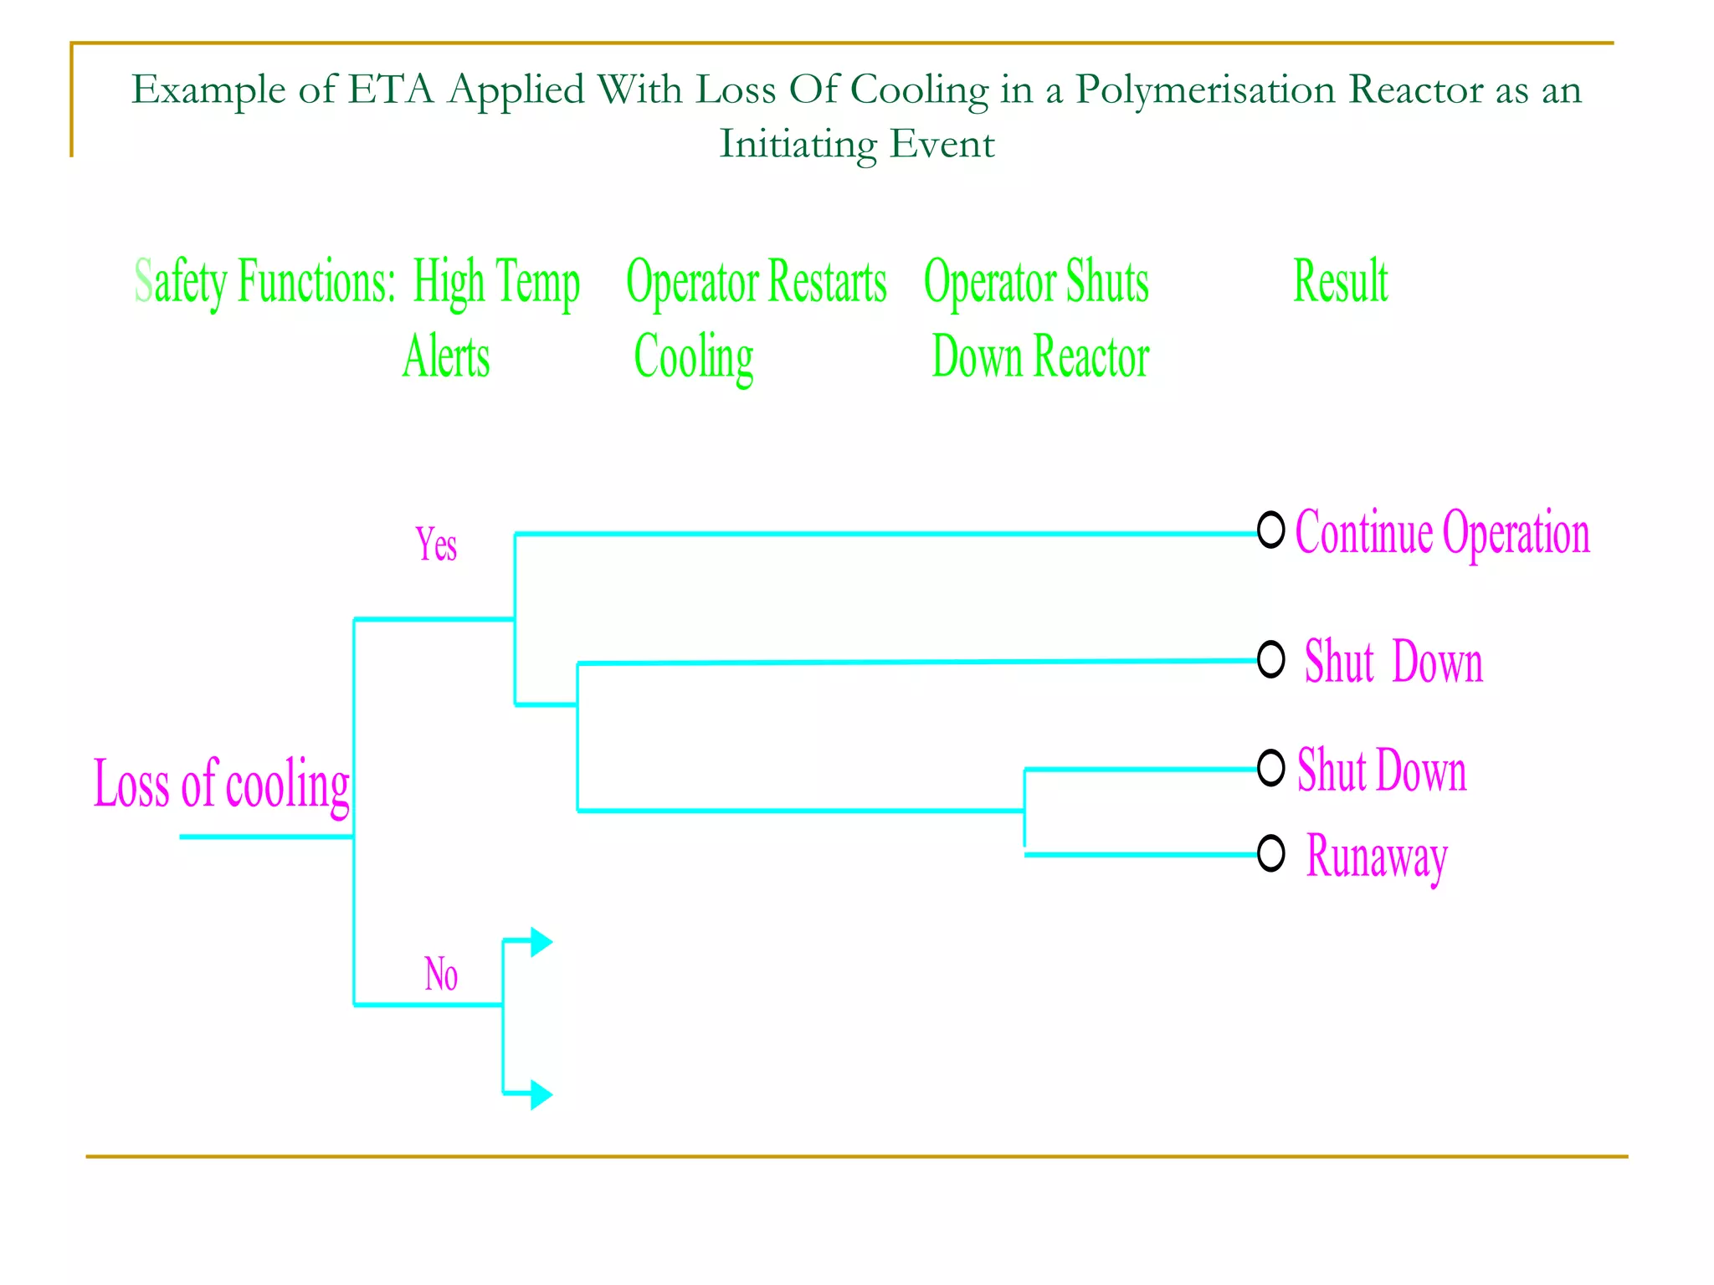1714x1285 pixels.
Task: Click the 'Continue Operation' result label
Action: [x=1441, y=533]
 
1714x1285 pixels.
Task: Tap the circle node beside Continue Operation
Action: [x=1270, y=529]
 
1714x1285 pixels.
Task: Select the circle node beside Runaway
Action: [x=1270, y=853]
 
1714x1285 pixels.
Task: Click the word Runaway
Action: [x=1377, y=857]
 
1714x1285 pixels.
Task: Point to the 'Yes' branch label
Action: [x=436, y=545]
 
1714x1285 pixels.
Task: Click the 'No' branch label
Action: [x=441, y=975]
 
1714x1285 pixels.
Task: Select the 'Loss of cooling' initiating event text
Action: [x=221, y=784]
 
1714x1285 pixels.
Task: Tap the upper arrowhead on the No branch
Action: [x=541, y=942]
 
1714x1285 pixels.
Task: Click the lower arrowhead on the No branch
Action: [x=541, y=1094]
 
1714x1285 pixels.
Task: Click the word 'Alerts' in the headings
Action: [x=446, y=357]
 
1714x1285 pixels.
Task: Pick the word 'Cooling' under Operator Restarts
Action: [x=694, y=357]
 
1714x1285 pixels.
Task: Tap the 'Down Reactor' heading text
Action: [x=1040, y=357]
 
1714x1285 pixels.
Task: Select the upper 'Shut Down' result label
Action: [x=1393, y=662]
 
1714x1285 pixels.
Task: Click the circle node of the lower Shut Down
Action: [x=1270, y=767]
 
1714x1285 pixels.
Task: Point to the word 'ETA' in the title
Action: [x=391, y=90]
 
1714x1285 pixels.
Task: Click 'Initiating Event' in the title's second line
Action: [x=857, y=144]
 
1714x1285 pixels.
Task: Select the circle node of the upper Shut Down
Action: [x=1270, y=659]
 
